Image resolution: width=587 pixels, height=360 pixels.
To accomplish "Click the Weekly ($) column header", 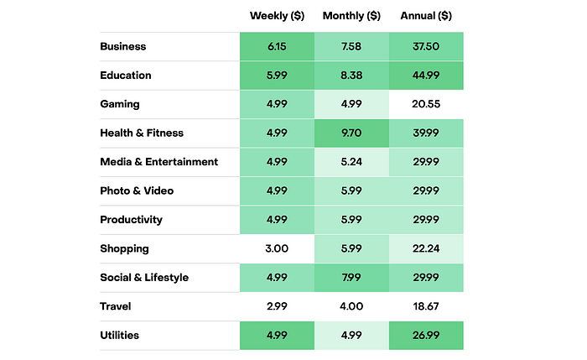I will tap(276, 16).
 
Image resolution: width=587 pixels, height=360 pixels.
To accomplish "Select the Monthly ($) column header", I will tap(351, 16).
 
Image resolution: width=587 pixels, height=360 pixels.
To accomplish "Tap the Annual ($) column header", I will tap(425, 16).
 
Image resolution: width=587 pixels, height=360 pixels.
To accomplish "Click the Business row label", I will tap(123, 47).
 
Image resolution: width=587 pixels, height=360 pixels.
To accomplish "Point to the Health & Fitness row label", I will tap(142, 133).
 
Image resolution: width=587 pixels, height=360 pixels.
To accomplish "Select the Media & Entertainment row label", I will tap(158, 162).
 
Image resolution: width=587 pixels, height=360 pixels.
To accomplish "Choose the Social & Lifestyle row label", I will tap(144, 278).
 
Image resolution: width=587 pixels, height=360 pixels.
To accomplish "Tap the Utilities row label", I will tap(120, 336).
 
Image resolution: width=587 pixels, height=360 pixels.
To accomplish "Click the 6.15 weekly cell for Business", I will tap(277, 47).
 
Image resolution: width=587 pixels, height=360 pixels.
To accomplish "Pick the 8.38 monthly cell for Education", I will tap(351, 76).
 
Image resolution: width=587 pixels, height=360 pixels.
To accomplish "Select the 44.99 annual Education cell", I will tap(426, 76).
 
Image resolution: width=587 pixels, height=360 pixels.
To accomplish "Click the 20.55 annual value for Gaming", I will tap(426, 105).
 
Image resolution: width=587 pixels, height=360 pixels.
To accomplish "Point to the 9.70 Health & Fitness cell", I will tap(351, 133).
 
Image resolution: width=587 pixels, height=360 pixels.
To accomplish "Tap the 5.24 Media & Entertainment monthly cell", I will tap(351, 162).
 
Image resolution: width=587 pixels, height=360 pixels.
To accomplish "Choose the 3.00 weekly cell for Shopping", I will tap(277, 249).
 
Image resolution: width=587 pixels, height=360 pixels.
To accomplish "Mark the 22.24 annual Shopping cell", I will tap(426, 249).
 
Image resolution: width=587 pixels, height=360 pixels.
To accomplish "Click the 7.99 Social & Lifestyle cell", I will tap(351, 278).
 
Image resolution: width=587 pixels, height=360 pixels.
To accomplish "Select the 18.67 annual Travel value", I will tap(426, 307).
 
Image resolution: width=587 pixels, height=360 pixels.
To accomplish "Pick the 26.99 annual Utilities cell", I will tap(426, 336).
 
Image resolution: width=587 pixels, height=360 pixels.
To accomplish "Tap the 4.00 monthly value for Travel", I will tap(351, 307).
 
